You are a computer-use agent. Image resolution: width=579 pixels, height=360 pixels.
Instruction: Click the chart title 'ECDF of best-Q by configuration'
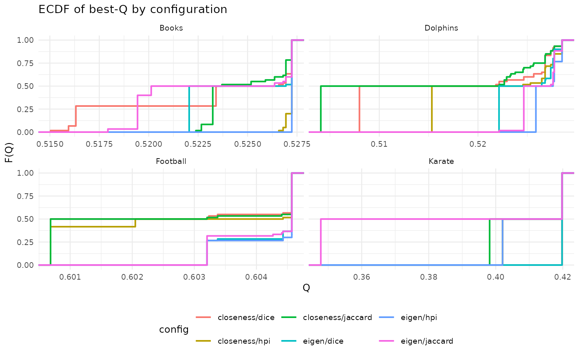133,9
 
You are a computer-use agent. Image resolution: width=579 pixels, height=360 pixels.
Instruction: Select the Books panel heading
171,28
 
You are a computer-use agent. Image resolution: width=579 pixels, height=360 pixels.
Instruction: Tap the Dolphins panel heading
441,28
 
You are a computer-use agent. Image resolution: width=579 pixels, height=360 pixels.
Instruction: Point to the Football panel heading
171,161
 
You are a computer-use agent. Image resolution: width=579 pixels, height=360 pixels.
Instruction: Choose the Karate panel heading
441,161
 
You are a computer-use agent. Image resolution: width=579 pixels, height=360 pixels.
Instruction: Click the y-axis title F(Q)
9,152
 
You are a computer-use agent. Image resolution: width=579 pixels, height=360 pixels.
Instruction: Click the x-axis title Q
306,288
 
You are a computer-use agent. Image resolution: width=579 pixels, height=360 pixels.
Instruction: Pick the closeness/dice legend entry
235,317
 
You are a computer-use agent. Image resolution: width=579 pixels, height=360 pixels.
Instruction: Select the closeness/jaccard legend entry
327,317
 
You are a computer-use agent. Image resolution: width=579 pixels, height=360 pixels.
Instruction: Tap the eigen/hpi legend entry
408,317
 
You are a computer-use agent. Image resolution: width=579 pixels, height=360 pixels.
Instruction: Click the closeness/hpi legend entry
233,341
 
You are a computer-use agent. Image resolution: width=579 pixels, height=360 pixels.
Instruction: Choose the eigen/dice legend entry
312,341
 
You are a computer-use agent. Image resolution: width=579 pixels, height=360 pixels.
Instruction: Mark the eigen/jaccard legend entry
416,341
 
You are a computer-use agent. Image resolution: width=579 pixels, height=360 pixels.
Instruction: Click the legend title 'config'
174,329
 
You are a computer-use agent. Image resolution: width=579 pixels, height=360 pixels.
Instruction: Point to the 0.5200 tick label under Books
149,144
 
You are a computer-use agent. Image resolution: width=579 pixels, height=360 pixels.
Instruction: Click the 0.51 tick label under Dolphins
379,144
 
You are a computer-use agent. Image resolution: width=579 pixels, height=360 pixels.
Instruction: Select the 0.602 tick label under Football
132,277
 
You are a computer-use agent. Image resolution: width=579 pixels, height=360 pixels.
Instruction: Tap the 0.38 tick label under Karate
429,277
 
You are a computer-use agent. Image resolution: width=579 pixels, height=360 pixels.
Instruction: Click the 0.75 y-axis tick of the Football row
25,196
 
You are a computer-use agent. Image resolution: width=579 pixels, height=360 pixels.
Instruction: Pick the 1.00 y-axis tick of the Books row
25,40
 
